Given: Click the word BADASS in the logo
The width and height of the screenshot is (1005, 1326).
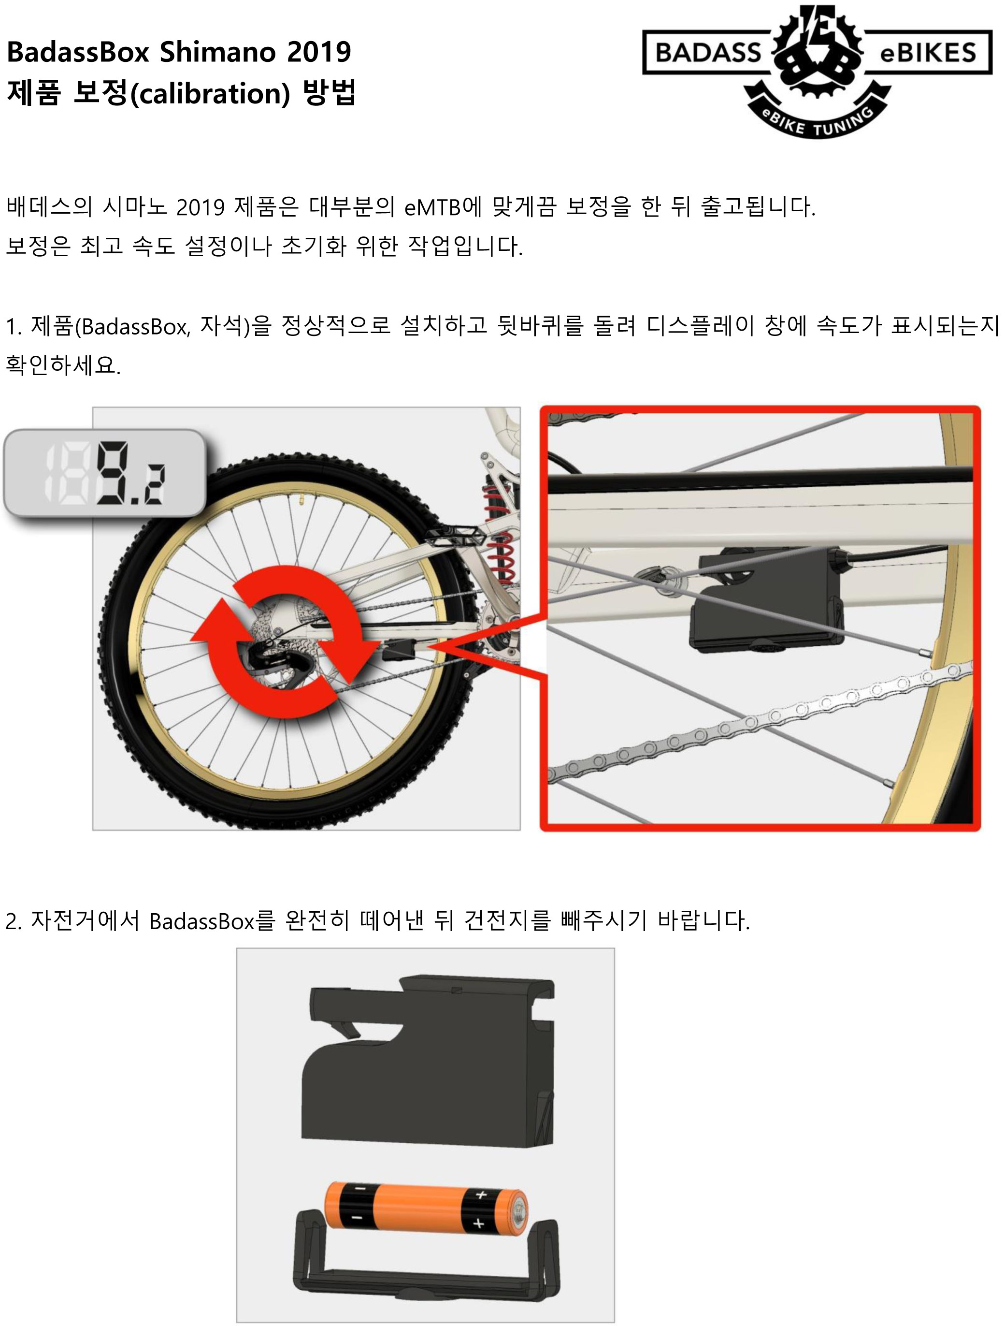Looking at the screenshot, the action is coord(708,53).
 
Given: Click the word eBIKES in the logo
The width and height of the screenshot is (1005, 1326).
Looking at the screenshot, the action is coord(928,53).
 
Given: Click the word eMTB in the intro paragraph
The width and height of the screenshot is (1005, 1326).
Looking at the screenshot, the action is coord(432,207).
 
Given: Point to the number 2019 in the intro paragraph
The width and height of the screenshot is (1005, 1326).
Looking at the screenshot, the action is coord(201,207).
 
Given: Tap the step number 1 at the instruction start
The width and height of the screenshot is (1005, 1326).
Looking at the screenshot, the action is coord(12,327).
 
